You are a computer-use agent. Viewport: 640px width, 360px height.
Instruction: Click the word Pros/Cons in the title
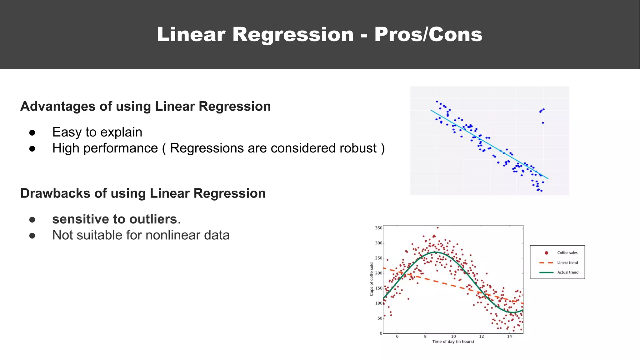tap(428, 34)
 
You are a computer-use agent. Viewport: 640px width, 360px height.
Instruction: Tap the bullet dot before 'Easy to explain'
tap(32, 133)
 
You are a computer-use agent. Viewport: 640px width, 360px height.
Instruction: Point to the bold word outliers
tap(153, 219)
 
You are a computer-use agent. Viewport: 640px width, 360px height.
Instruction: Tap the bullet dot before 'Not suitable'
tap(32, 236)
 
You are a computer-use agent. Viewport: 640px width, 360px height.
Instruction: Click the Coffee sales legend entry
tap(567, 253)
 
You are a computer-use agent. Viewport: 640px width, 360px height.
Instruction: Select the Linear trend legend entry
tap(567, 262)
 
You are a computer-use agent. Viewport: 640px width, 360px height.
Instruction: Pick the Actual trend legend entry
tap(567, 272)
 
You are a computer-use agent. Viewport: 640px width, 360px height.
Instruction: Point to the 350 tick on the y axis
tap(378, 228)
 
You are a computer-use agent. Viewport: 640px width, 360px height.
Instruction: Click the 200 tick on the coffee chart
tap(378, 273)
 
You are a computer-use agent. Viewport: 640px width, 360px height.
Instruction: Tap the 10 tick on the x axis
tap(453, 337)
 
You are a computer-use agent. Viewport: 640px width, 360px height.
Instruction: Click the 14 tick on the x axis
tap(509, 337)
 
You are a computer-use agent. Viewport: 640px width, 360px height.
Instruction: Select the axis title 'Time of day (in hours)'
tap(453, 342)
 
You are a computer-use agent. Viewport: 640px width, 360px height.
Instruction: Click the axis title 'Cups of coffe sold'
tap(372, 279)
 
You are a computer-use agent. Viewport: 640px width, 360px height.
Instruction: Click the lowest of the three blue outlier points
tap(543, 123)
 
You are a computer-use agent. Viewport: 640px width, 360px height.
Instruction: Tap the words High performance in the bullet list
tap(105, 148)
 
